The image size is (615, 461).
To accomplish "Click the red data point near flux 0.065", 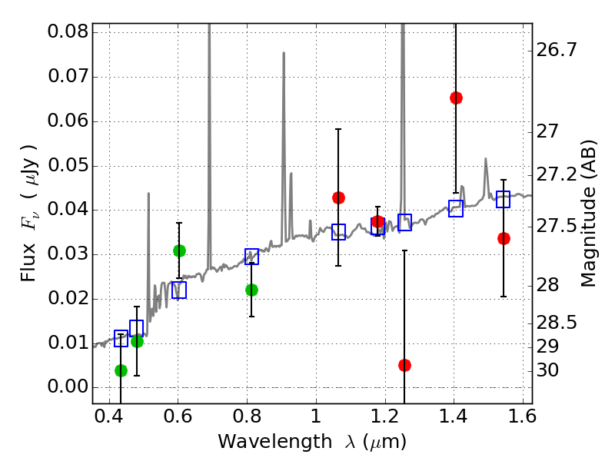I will click(x=456, y=98).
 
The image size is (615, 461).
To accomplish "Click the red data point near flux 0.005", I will click(x=404, y=365).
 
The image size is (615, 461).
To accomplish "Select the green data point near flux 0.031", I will click(x=179, y=250).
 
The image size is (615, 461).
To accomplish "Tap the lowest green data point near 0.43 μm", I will click(x=121, y=370).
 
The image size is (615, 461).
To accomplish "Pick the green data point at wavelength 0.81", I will click(x=251, y=290).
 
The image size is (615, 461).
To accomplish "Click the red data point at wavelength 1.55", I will click(x=504, y=238).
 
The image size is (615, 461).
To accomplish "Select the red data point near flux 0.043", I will click(x=338, y=197).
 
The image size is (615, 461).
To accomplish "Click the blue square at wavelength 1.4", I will click(x=456, y=208).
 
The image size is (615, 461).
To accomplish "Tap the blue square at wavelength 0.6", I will click(x=179, y=290).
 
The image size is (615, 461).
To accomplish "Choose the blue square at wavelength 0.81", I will click(x=251, y=257).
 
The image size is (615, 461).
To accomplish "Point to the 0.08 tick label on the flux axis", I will click(x=68, y=32).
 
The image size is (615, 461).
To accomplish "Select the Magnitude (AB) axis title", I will click(x=590, y=213).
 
